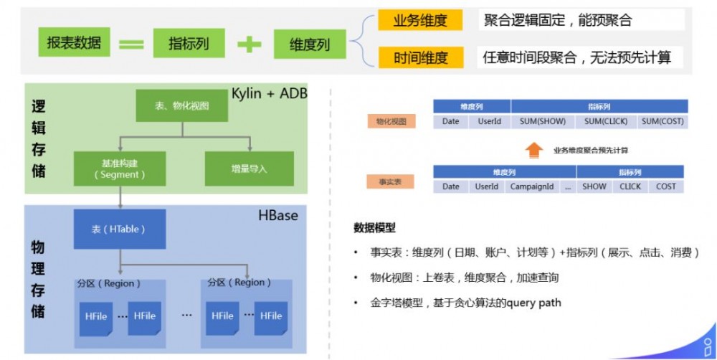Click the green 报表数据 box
point(75,43)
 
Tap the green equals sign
point(131,44)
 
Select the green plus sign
point(250,44)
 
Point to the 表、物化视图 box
point(181,105)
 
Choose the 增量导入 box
point(250,169)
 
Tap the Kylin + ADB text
point(268,94)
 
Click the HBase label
point(277,215)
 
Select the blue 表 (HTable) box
point(119,229)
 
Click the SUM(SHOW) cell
point(543,121)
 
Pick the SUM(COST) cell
point(662,121)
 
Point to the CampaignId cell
point(531,186)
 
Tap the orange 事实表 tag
point(390,182)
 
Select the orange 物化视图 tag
point(390,122)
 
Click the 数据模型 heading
point(374,228)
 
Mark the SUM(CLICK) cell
point(605,121)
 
